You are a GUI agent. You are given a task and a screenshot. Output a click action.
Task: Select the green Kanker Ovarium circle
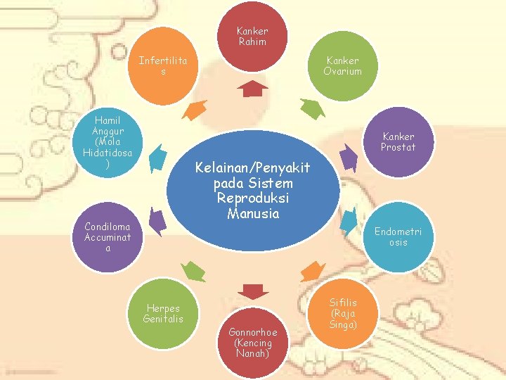click(x=343, y=65)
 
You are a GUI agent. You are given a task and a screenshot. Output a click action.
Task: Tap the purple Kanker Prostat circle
click(x=398, y=141)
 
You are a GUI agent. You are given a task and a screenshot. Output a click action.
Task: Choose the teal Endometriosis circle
click(x=398, y=236)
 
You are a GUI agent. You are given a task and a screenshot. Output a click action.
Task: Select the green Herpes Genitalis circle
click(x=163, y=314)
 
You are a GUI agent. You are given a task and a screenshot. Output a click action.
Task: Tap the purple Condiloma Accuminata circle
click(x=108, y=236)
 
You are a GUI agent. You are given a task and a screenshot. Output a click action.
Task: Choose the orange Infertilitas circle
click(x=163, y=65)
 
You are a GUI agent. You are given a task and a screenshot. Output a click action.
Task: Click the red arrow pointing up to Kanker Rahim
click(x=252, y=88)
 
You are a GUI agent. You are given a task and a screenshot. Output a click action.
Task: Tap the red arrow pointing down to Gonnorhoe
click(x=252, y=291)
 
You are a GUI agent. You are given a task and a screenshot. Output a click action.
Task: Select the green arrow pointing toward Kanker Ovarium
click(x=311, y=108)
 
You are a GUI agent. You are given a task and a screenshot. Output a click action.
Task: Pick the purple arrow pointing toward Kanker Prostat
click(x=348, y=153)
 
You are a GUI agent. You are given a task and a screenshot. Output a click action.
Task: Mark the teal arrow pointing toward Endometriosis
click(x=348, y=224)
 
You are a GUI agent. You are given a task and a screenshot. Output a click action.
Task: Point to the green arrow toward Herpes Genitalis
click(x=193, y=271)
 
